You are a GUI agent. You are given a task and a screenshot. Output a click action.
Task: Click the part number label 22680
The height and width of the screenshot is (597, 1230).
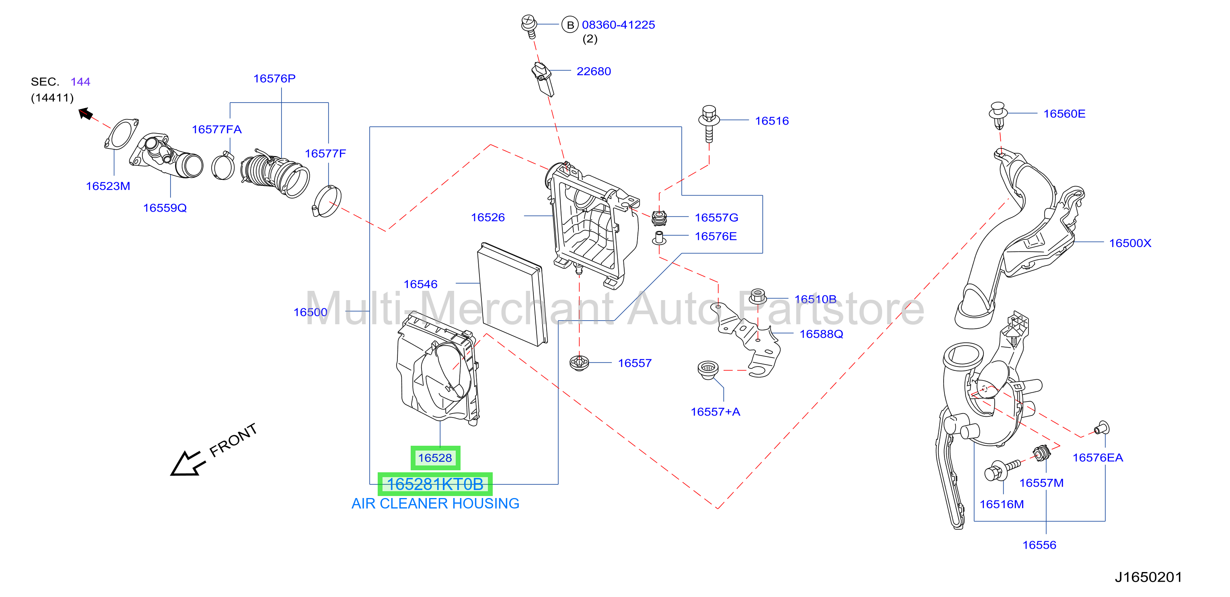pyautogui.click(x=594, y=71)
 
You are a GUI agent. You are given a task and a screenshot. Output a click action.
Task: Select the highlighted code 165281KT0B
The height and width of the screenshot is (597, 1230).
pyautogui.click(x=435, y=484)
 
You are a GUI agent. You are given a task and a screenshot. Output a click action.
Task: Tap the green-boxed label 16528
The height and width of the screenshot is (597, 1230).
pyautogui.click(x=435, y=458)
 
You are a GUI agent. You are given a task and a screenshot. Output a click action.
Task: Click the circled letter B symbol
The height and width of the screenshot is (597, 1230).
pyautogui.click(x=570, y=25)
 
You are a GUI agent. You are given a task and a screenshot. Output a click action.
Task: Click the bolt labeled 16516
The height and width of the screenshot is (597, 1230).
pyautogui.click(x=709, y=123)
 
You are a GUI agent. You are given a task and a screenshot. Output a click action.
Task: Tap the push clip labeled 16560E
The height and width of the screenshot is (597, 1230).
pyautogui.click(x=998, y=115)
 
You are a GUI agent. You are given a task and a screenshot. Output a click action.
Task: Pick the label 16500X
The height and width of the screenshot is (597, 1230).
pyautogui.click(x=1130, y=243)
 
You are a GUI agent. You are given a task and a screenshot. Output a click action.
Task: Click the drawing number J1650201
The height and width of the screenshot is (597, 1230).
pyautogui.click(x=1148, y=577)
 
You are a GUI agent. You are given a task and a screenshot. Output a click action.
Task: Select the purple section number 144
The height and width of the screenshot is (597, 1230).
pyautogui.click(x=80, y=82)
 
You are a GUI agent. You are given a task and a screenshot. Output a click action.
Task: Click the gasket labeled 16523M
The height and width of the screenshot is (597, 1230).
pyautogui.click(x=121, y=134)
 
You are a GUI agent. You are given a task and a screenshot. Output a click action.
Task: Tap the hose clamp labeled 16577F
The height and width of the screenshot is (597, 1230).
pyautogui.click(x=327, y=201)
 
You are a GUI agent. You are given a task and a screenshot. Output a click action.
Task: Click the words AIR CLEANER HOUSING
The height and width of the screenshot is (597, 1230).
pyautogui.click(x=435, y=503)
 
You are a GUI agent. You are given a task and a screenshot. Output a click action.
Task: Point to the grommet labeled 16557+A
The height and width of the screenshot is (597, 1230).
pyautogui.click(x=708, y=370)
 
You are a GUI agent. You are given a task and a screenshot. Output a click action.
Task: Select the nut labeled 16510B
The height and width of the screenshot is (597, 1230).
pyautogui.click(x=758, y=296)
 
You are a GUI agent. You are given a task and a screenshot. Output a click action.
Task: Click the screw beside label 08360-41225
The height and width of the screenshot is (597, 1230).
pyautogui.click(x=529, y=26)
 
